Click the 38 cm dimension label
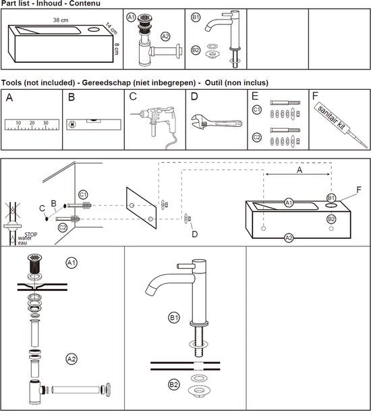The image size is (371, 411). click(x=61, y=20)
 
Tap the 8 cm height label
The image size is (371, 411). click(x=117, y=49)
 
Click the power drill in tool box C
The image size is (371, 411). click(x=154, y=126)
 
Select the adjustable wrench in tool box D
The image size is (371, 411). click(x=217, y=123)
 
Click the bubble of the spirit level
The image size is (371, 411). click(x=94, y=121)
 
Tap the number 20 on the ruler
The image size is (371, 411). click(x=32, y=123)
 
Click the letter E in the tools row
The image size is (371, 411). click(x=255, y=97)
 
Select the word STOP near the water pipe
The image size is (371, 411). click(x=31, y=234)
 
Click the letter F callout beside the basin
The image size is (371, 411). click(x=359, y=189)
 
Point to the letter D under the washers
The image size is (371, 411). click(x=195, y=234)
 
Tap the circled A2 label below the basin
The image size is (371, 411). click(x=289, y=238)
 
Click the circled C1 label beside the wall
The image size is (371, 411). click(x=83, y=195)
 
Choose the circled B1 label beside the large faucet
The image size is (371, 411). click(x=174, y=318)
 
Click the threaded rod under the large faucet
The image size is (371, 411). click(x=198, y=341)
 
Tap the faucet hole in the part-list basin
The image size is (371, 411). click(x=94, y=29)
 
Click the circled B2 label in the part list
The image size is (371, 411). click(x=196, y=50)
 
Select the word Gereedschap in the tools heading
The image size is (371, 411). click(x=107, y=82)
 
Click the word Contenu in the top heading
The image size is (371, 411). click(x=84, y=3)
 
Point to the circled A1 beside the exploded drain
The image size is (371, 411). click(x=72, y=263)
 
